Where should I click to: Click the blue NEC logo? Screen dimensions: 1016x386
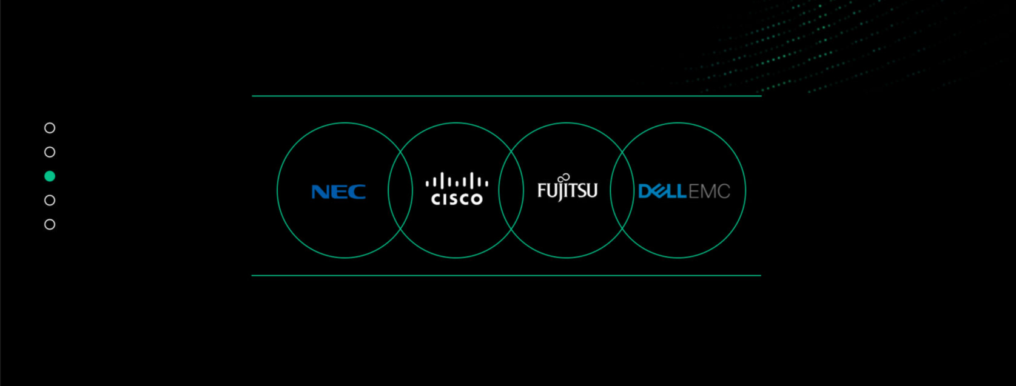point(338,191)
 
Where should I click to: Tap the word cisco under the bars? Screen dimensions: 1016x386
point(457,199)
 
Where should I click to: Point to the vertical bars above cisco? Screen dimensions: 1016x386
point(457,181)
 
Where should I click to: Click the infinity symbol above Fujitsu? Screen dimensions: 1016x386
point(564,178)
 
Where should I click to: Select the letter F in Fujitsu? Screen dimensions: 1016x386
point(541,190)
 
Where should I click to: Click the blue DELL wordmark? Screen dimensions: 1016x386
point(662,191)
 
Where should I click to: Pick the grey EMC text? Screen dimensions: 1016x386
point(710,191)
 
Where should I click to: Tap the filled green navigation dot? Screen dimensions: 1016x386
point(50,176)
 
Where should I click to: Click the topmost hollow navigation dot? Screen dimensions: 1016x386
point(50,128)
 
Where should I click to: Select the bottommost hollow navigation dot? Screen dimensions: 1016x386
point(50,224)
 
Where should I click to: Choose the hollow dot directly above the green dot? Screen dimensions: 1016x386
point(50,152)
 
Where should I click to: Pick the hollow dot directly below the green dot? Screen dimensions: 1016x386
point(50,200)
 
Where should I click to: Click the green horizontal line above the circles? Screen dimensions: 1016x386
point(506,96)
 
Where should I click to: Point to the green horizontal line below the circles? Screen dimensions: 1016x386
point(506,276)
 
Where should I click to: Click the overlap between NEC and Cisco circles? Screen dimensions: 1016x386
point(400,190)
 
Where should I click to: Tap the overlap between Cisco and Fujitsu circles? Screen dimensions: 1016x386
point(511,190)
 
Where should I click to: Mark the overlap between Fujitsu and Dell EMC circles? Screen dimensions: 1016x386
point(622,190)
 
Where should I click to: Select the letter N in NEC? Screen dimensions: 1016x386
point(321,191)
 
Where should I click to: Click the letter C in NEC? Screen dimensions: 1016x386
point(357,191)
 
